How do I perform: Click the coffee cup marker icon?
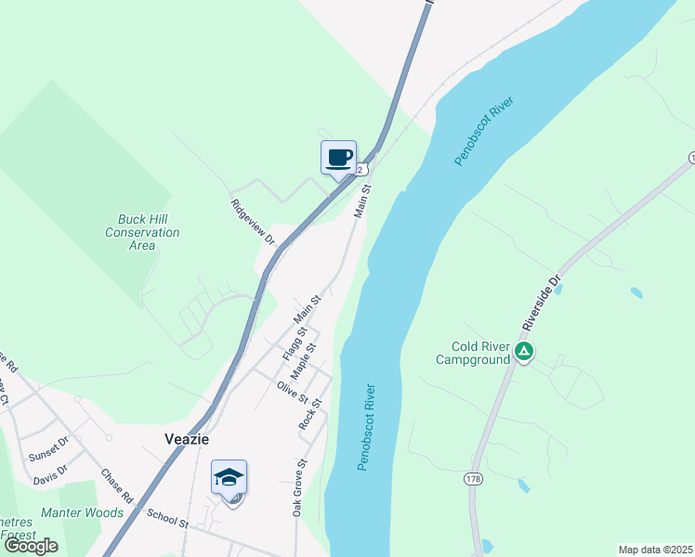[x=338, y=157]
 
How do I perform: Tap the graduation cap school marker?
[x=229, y=478]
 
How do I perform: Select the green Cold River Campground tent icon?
[x=524, y=351]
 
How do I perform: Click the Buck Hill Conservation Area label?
[x=142, y=232]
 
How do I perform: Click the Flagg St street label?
[x=294, y=344]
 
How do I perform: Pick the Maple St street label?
[x=304, y=360]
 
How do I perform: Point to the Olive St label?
[x=292, y=392]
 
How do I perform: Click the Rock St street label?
[x=310, y=413]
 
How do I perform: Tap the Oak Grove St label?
[x=298, y=487]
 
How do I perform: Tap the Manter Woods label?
[x=82, y=512]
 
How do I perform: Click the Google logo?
[x=30, y=546]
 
